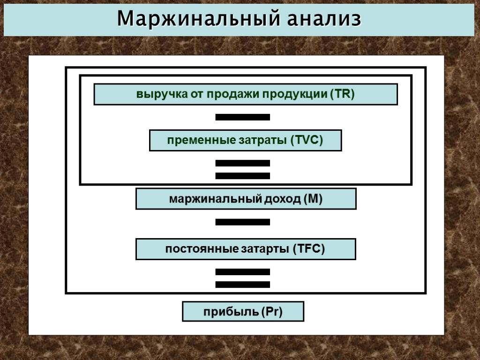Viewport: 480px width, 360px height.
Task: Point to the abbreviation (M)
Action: [313, 199]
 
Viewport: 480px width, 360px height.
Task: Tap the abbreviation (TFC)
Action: [309, 249]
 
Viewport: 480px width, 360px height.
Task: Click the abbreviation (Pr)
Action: [272, 311]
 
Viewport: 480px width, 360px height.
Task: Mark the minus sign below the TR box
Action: [242, 117]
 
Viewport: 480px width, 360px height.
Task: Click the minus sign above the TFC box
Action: [242, 222]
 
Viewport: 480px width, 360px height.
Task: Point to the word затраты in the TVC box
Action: [264, 140]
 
